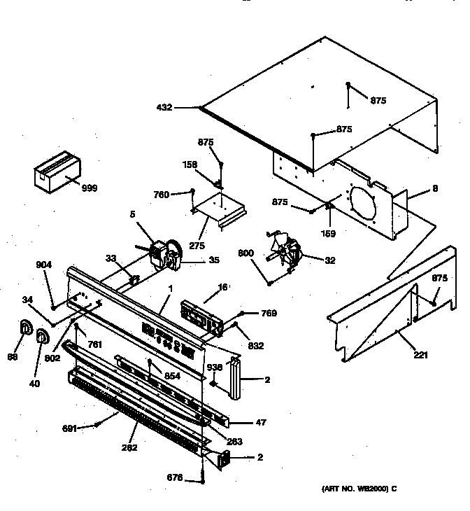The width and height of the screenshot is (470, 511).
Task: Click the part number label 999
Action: pos(89,188)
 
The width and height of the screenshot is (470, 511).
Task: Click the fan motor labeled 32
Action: pos(287,250)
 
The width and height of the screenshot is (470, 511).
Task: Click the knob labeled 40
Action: pos(43,338)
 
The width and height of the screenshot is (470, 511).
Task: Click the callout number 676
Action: pos(175,478)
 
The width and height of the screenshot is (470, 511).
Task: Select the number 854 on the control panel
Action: pos(173,376)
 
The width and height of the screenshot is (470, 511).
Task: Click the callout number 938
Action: pos(214,367)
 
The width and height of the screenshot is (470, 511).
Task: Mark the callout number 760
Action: pos(161,194)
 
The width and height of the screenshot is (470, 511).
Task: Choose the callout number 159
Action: pos(328,233)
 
